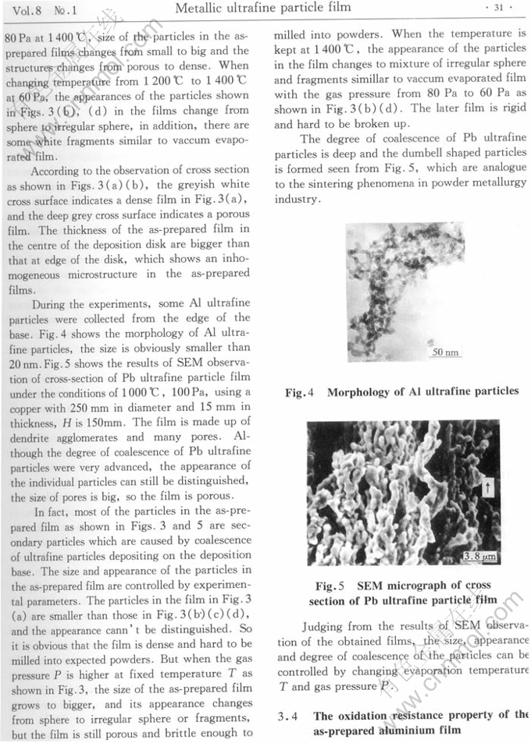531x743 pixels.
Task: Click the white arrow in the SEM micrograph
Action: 489,487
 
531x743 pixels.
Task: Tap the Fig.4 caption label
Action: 300,391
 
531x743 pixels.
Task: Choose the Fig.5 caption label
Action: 325,585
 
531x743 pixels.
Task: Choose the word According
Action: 60,169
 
